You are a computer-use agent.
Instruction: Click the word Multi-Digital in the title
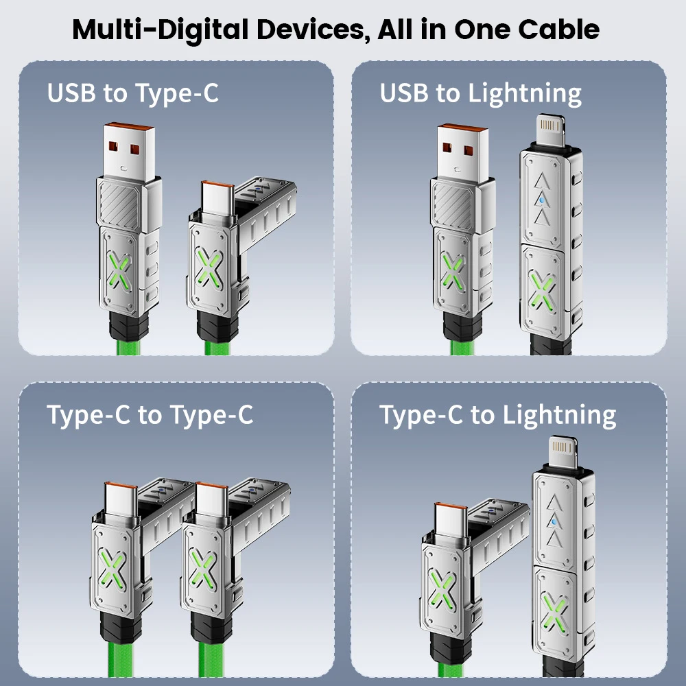(x=165, y=29)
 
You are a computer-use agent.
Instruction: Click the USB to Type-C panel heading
(x=133, y=93)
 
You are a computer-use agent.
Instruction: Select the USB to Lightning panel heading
(x=481, y=93)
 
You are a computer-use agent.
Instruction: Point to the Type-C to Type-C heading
(x=150, y=414)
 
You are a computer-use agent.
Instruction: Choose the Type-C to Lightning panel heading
(x=498, y=415)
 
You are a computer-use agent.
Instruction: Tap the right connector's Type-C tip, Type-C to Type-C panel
(x=210, y=498)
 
